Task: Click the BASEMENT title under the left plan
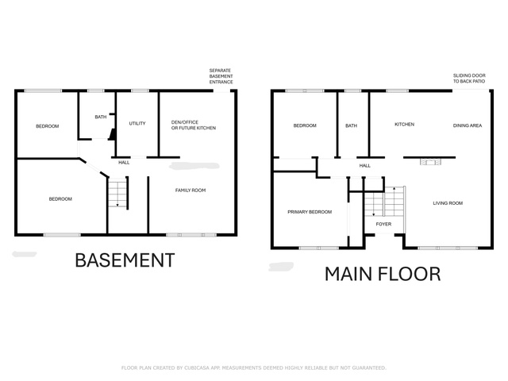click(125, 260)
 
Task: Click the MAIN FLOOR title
click(383, 274)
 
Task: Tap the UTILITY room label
click(137, 124)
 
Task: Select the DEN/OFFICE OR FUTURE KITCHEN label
click(194, 125)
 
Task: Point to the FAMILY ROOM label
click(190, 190)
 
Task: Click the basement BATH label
click(101, 117)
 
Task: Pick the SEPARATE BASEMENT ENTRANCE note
click(221, 76)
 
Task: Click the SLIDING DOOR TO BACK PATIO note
click(469, 79)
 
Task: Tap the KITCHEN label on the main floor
click(404, 125)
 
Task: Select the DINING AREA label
click(468, 125)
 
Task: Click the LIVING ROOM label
click(448, 203)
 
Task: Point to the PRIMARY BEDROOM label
click(310, 212)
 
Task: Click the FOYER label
click(383, 224)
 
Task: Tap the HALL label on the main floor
click(365, 166)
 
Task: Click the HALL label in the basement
click(124, 162)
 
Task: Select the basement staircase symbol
click(117, 192)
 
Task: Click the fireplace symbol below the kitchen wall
click(430, 161)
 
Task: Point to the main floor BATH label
click(351, 125)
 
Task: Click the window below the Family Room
click(191, 235)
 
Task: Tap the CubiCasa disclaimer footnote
click(254, 368)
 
